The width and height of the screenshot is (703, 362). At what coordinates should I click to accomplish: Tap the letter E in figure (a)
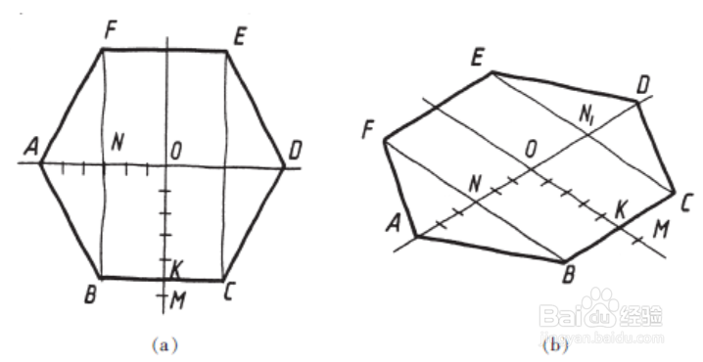(x=239, y=35)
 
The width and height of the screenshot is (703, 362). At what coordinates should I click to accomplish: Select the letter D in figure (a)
(x=296, y=151)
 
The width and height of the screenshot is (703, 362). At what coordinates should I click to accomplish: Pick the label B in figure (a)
(x=88, y=293)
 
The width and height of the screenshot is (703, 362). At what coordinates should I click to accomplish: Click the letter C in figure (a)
(x=228, y=293)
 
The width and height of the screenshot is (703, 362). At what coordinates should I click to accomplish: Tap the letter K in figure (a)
(x=176, y=267)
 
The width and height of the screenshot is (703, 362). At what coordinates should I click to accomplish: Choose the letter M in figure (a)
(x=178, y=297)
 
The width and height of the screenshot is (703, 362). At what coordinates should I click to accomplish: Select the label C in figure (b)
(x=684, y=203)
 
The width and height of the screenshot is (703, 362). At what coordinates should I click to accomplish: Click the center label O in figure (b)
(x=530, y=148)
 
